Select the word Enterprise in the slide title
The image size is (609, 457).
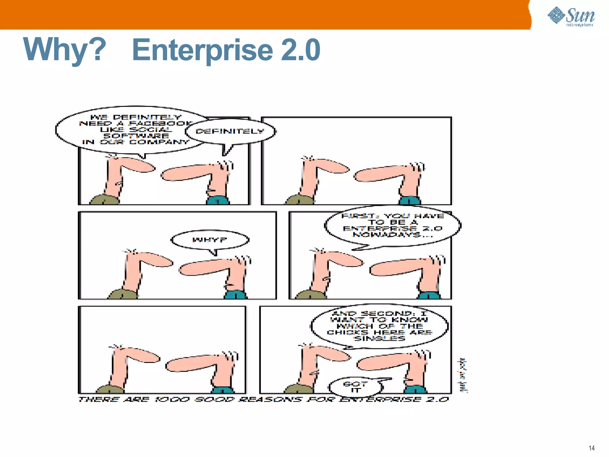(x=202, y=50)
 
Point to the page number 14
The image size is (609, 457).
(x=591, y=448)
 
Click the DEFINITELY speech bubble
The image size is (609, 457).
(x=230, y=131)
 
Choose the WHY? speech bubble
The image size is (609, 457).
(x=210, y=240)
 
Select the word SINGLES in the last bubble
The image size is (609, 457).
(x=380, y=338)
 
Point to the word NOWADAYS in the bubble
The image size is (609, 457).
(x=387, y=235)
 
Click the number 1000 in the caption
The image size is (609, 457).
(x=172, y=399)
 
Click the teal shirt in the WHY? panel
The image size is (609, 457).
(x=235, y=295)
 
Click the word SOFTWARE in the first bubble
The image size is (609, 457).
(x=136, y=136)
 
